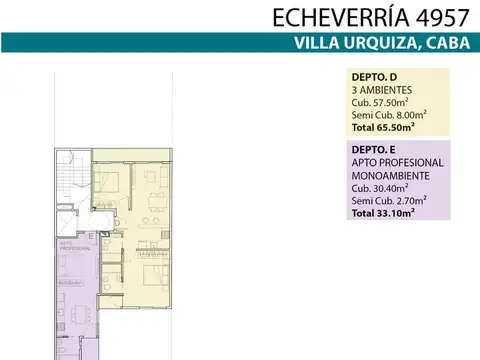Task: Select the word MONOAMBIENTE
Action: coord(391,175)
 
